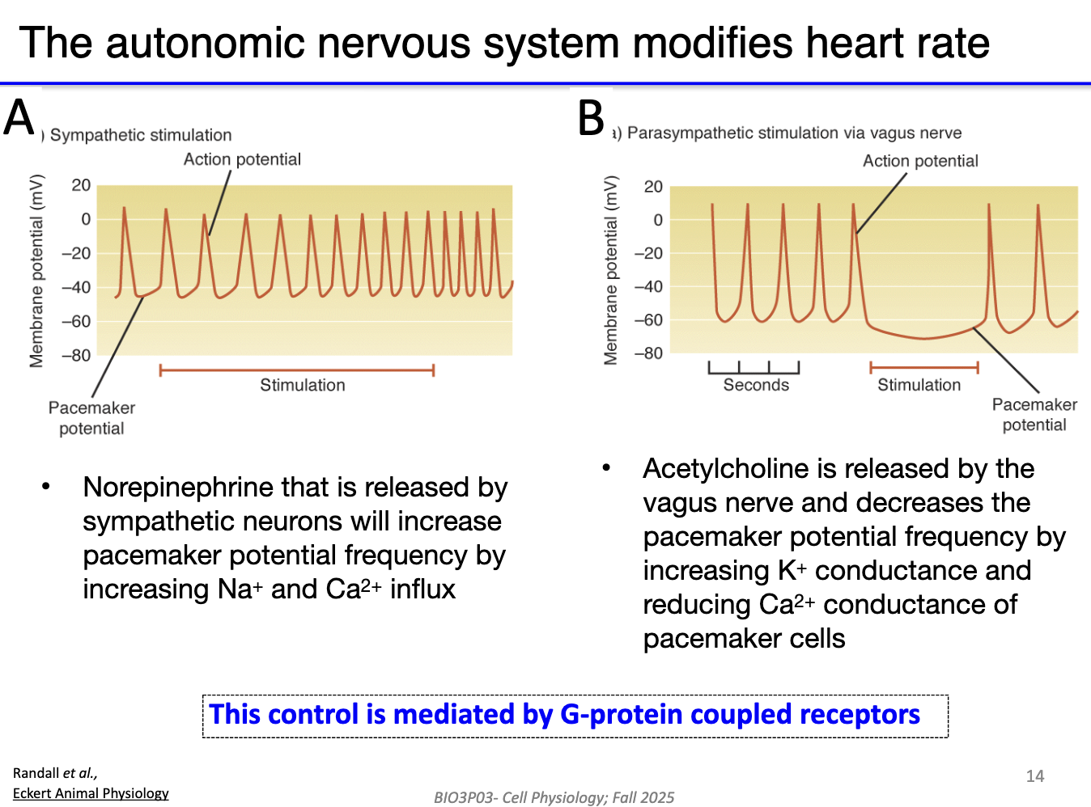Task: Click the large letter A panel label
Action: [x=19, y=117]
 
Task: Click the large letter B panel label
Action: [x=592, y=118]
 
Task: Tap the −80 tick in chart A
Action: [x=76, y=356]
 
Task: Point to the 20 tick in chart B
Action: [x=653, y=187]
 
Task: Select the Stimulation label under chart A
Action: [x=302, y=386]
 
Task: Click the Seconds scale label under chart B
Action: [x=755, y=386]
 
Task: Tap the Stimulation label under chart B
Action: [x=919, y=386]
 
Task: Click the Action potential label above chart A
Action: [x=242, y=159]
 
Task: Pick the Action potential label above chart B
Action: [x=920, y=161]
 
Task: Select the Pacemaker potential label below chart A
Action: [x=91, y=418]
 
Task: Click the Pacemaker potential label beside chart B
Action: [x=1034, y=415]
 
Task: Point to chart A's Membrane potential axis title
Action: [x=36, y=271]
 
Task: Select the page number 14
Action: [x=1035, y=776]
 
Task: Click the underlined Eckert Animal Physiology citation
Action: [x=91, y=793]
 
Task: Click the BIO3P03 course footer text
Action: [x=554, y=797]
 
